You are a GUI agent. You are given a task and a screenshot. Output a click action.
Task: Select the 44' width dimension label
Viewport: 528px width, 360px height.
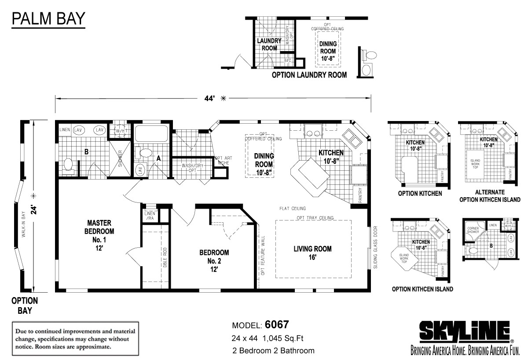[209, 99]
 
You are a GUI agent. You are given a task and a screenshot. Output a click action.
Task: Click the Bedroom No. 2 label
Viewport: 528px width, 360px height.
[214, 260]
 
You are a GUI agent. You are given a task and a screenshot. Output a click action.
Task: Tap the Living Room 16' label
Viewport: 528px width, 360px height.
[312, 253]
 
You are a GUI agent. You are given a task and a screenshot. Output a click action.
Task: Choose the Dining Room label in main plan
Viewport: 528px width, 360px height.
[264, 163]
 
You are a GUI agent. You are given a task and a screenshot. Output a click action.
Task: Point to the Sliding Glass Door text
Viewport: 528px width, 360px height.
[375, 247]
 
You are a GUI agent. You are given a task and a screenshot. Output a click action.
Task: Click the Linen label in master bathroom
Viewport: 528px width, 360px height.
[64, 130]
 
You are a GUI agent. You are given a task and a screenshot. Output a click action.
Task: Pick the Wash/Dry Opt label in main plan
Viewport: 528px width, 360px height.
[192, 169]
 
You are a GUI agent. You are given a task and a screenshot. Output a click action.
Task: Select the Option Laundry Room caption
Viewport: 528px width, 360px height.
[309, 75]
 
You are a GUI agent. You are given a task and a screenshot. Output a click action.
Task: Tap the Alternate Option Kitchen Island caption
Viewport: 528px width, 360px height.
[489, 196]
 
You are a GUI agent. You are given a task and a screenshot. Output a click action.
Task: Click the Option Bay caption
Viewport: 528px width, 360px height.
[24, 305]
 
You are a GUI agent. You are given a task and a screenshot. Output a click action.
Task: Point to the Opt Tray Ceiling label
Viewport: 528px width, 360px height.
[315, 218]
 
